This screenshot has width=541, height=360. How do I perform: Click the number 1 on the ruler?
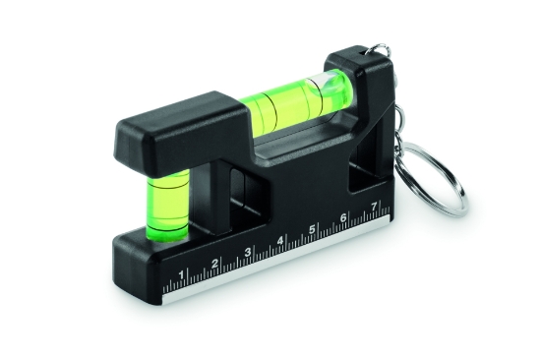tap(183, 272)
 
